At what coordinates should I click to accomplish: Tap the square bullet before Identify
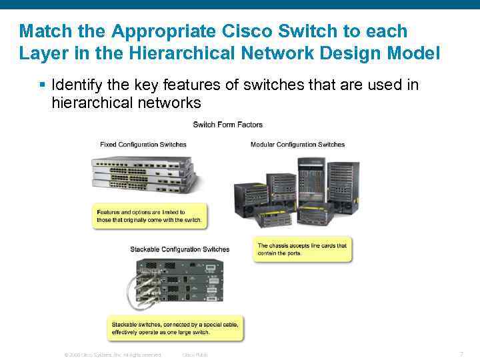click(x=42, y=85)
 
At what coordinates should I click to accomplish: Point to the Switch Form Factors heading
click(x=228, y=125)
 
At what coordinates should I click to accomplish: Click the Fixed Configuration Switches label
click(x=143, y=145)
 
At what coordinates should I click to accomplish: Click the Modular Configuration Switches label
click(x=297, y=145)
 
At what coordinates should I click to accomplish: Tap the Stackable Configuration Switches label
click(x=180, y=249)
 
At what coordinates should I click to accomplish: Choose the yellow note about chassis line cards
click(x=303, y=249)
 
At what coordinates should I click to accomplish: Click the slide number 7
click(x=461, y=353)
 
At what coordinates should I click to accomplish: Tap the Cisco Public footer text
click(x=195, y=355)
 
